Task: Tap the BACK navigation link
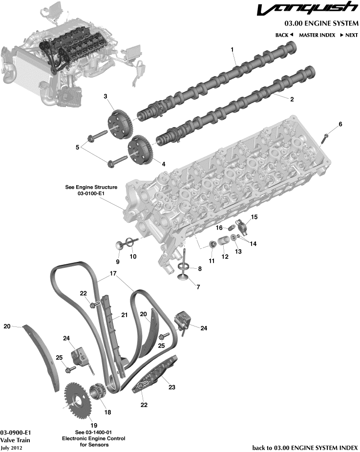284,35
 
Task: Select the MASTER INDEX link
317,35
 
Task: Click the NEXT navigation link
349,35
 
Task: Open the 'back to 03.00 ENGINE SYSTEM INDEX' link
305,447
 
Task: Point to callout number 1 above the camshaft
232,49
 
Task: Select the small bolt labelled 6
324,138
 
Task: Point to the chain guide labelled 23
155,378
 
